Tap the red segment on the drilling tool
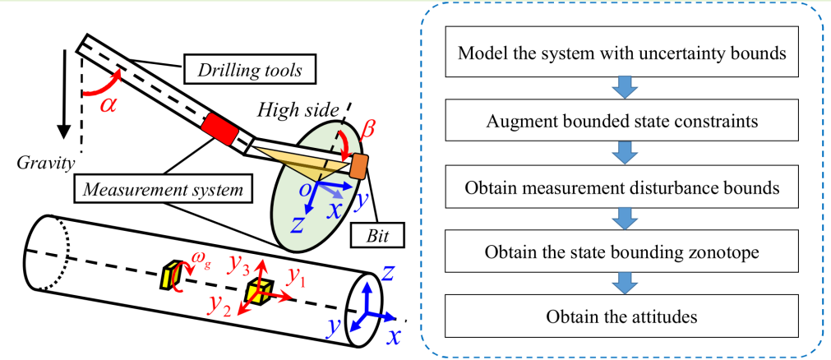coord(218,127)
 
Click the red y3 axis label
coord(239,265)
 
